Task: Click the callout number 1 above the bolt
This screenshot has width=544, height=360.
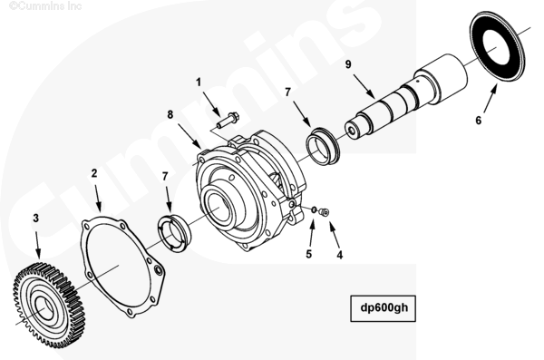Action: (199, 83)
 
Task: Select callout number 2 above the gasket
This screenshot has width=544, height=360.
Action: (94, 173)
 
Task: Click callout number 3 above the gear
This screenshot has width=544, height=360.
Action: (35, 219)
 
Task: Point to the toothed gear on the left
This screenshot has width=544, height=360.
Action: (50, 306)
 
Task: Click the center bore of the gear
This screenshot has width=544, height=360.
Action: (44, 308)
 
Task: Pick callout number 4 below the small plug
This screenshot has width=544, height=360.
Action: (340, 255)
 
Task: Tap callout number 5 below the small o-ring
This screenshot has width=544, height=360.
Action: (309, 254)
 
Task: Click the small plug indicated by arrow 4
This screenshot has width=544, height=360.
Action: (325, 211)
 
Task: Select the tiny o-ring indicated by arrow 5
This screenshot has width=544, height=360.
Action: (314, 209)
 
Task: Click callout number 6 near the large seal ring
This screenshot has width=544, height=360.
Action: (479, 120)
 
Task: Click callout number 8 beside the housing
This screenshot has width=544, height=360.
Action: (170, 114)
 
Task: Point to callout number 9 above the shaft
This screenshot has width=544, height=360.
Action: (348, 64)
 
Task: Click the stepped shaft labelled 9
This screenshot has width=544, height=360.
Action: (406, 99)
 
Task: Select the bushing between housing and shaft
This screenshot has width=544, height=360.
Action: (323, 146)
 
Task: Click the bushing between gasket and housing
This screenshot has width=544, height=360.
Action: (173, 233)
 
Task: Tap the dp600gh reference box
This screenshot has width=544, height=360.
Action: (383, 308)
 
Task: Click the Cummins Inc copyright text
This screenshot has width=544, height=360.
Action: (45, 5)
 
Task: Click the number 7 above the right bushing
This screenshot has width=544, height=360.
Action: (287, 92)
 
